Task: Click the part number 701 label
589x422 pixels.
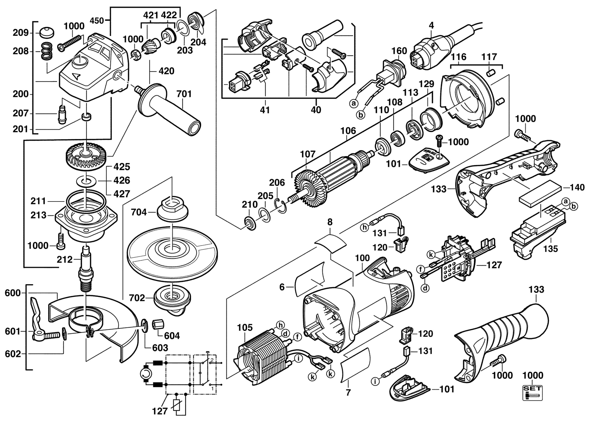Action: [184, 94]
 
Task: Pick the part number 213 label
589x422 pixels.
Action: [38, 215]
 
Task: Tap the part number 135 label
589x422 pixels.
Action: [551, 249]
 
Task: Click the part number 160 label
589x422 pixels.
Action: [399, 51]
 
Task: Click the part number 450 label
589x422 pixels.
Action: [97, 21]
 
